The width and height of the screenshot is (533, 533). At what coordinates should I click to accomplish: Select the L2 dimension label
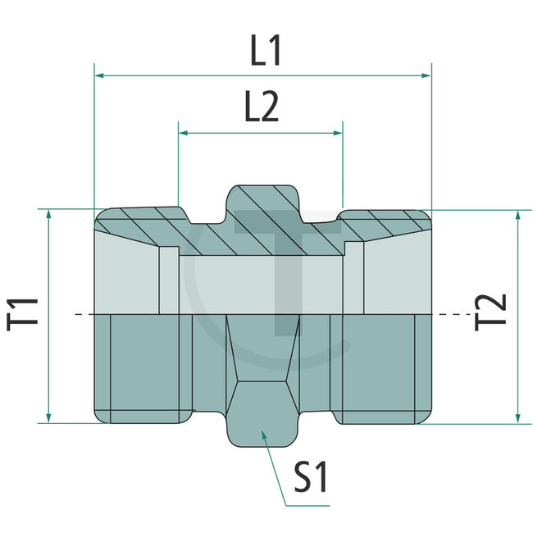(x=260, y=107)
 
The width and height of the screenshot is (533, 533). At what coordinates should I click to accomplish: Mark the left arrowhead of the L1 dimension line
(x=99, y=75)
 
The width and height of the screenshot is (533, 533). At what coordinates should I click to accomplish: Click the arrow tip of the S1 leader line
(x=262, y=433)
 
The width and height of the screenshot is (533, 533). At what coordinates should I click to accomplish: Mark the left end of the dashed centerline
(x=76, y=314)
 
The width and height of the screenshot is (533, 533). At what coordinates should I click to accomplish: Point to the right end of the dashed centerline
(x=453, y=314)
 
